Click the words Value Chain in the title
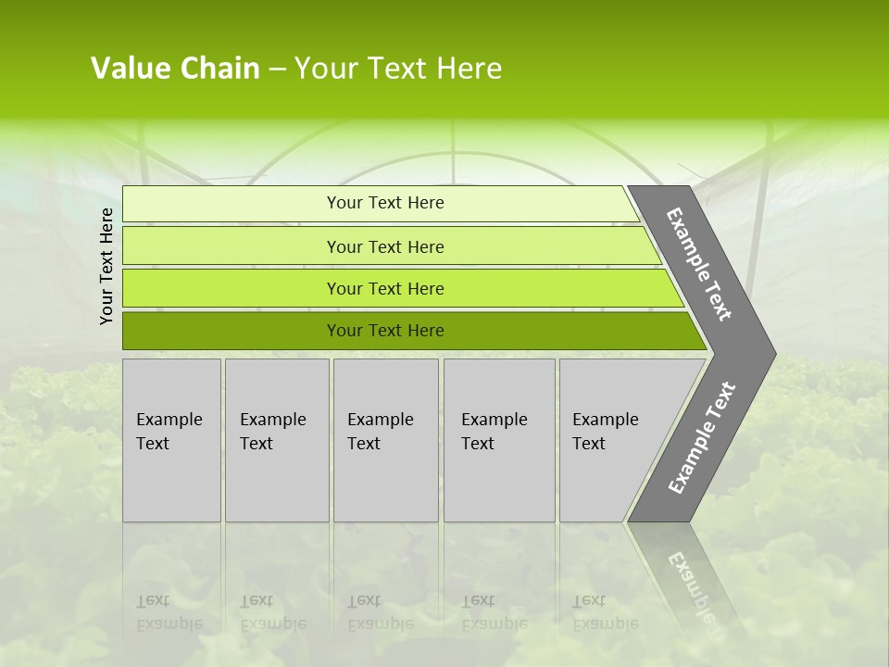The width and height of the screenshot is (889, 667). pos(175,69)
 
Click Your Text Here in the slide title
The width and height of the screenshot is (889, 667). pos(398,69)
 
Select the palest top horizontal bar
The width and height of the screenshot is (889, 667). pos(232,203)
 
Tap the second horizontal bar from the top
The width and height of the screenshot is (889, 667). pos(232,246)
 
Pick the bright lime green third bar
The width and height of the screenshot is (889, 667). pos(232,289)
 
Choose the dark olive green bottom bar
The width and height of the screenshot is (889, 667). pos(232,331)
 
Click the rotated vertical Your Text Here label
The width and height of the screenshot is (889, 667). pos(106,266)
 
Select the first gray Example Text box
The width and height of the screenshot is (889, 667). pos(171,440)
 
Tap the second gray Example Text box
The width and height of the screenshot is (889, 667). pos(277,440)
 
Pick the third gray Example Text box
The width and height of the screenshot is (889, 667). pos(385,440)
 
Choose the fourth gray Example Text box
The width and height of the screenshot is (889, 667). pos(499,440)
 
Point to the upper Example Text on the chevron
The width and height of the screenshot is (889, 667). pos(699,264)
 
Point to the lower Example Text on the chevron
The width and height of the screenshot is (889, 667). pos(701,438)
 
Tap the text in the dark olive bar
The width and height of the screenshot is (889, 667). pos(385,331)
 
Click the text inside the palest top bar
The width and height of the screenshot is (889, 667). pos(385,203)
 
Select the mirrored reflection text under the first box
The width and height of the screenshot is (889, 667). pos(169,612)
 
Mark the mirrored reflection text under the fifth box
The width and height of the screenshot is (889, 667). pos(605,612)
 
